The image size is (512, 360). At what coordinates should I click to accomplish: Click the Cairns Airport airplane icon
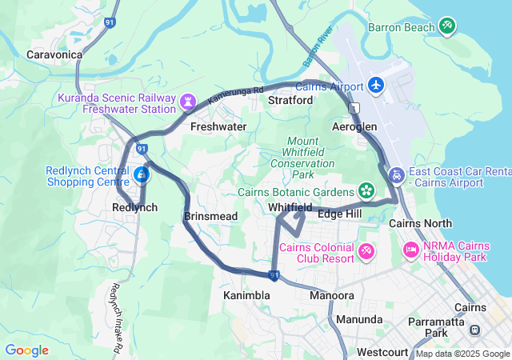click(x=376, y=85)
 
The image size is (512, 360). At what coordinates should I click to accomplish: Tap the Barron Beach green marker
click(x=447, y=27)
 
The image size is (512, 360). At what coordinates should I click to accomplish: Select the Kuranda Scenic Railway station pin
click(x=188, y=102)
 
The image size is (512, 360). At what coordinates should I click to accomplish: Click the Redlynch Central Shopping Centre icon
click(x=142, y=174)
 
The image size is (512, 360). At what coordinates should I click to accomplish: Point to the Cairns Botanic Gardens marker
click(x=366, y=190)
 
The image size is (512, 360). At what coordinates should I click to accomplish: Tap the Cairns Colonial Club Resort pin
click(x=366, y=251)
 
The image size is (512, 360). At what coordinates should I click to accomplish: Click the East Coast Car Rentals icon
click(x=396, y=174)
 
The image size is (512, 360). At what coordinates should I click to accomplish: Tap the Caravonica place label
click(x=54, y=54)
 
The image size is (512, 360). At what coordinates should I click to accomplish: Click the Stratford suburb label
click(x=290, y=101)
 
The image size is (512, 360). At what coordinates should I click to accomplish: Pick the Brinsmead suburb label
click(x=210, y=217)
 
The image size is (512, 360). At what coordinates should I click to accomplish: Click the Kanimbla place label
click(x=246, y=295)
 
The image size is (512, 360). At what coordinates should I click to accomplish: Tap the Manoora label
click(x=331, y=295)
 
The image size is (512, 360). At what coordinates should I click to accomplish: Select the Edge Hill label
click(x=339, y=214)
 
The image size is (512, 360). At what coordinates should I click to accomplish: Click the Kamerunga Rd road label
click(x=235, y=96)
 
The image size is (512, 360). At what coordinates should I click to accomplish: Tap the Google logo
click(x=26, y=350)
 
